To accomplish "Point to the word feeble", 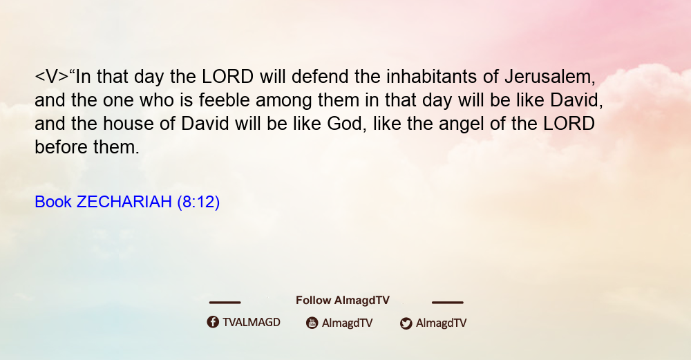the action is [x=224, y=100].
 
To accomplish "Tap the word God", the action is [x=345, y=124].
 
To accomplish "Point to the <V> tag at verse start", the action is [x=52, y=77].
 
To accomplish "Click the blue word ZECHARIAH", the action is [x=124, y=202].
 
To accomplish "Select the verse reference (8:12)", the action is [x=198, y=202].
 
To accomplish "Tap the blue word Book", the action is [x=53, y=202].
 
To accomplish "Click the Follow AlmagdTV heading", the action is [x=343, y=300].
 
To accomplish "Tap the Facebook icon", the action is [x=213, y=322].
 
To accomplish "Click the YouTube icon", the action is [x=312, y=323].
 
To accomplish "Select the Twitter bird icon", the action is [x=406, y=323].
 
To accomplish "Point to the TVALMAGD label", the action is [x=252, y=322].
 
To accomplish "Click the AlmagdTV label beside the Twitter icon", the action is [x=441, y=323].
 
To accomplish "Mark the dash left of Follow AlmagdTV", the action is [x=225, y=302].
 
